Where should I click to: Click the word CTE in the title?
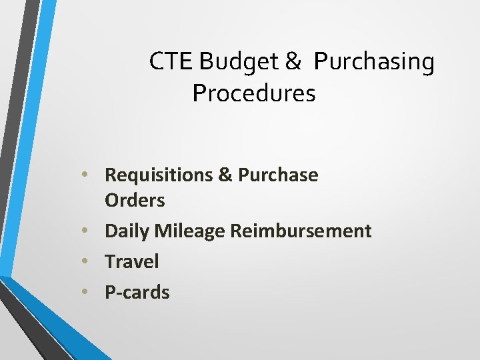click(x=171, y=61)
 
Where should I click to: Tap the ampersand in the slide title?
click(x=293, y=61)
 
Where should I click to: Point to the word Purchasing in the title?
click(x=374, y=61)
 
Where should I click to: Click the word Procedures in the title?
click(x=253, y=93)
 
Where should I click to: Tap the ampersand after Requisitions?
click(x=225, y=175)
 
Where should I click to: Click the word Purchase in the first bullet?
click(x=278, y=175)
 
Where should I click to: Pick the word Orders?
click(x=135, y=200)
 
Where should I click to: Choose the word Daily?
click(x=127, y=231)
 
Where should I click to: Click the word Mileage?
click(x=190, y=231)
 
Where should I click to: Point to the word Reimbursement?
click(x=301, y=231)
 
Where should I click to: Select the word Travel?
click(x=132, y=261)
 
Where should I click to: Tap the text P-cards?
click(x=137, y=292)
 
